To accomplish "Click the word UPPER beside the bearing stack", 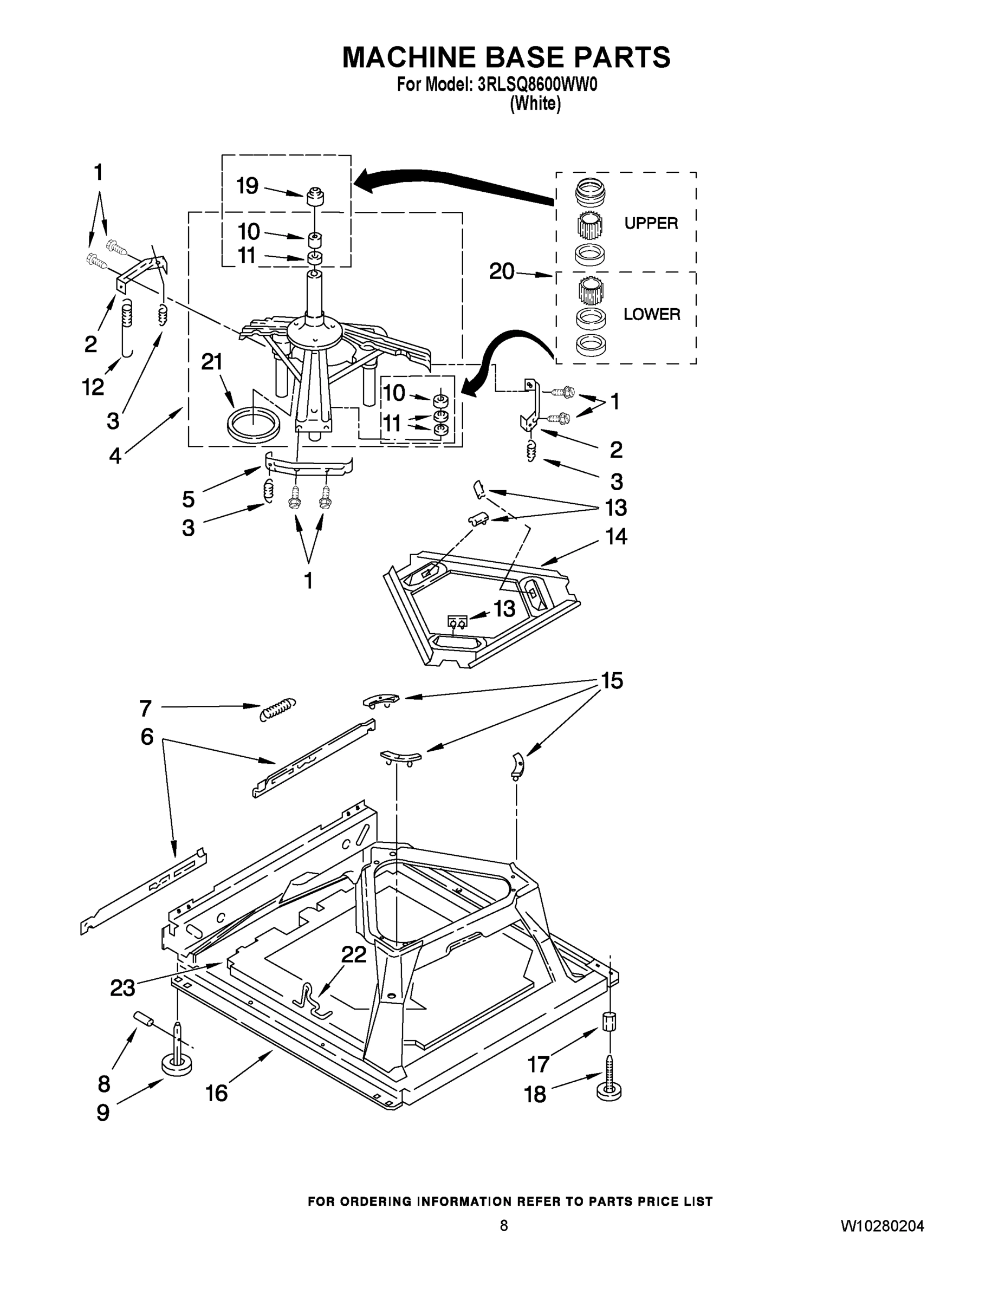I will click(x=651, y=223).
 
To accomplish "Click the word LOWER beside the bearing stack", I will click(x=651, y=314).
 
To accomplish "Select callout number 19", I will click(x=247, y=186).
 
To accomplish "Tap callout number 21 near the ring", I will click(x=212, y=362).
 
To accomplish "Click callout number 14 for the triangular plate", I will click(x=616, y=537).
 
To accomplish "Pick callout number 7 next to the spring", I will click(x=146, y=708).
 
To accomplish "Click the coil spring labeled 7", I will click(x=278, y=708).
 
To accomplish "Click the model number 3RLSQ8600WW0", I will click(x=537, y=85).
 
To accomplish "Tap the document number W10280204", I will click(x=882, y=1226).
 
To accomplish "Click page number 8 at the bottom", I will click(x=504, y=1225).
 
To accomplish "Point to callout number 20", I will click(x=501, y=272).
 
